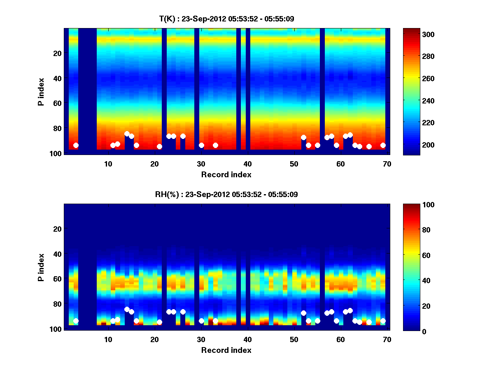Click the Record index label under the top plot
[x=226, y=174]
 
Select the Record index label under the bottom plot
[x=226, y=350]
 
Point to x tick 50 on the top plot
[x=294, y=164]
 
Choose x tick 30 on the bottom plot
[x=201, y=339]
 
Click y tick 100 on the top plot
[x=57, y=153]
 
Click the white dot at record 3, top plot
[x=76, y=145]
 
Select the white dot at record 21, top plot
[x=159, y=146]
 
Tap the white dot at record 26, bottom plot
[x=183, y=312]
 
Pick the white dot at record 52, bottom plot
[x=303, y=313]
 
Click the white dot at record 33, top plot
[x=215, y=145]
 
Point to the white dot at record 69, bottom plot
[x=383, y=321]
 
